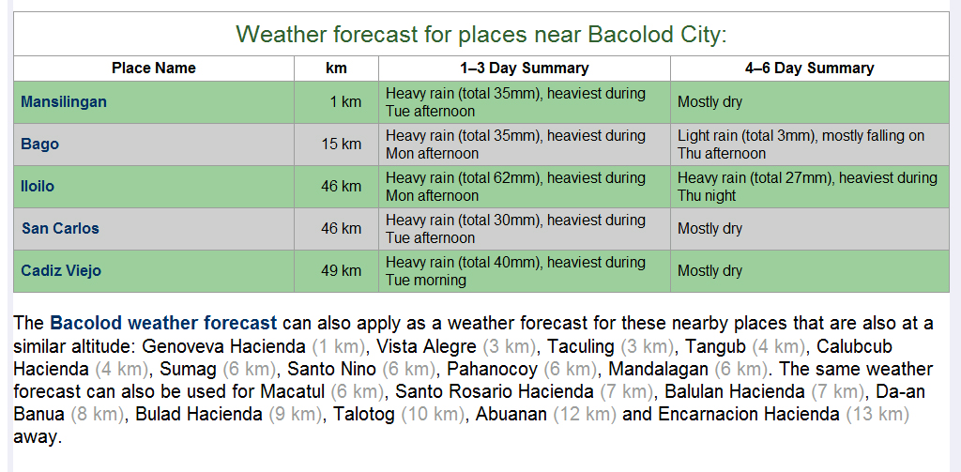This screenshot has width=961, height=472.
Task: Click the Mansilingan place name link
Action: click(64, 102)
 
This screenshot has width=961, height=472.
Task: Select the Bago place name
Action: click(40, 145)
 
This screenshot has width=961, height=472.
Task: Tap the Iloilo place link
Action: click(38, 187)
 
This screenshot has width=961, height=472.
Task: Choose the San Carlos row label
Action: click(60, 229)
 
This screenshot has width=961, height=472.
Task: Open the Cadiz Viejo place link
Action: click(61, 271)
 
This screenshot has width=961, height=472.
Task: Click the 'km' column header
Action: click(336, 69)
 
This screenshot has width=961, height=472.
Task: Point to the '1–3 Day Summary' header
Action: click(524, 69)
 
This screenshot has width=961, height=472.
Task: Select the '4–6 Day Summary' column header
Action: click(809, 69)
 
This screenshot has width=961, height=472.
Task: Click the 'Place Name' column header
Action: click(154, 69)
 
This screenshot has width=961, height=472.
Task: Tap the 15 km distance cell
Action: click(341, 145)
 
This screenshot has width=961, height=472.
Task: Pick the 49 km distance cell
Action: click(341, 271)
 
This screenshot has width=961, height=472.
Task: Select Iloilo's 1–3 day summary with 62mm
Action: click(515, 187)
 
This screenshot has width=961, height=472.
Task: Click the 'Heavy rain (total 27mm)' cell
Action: click(807, 187)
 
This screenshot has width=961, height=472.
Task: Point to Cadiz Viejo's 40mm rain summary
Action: click(515, 271)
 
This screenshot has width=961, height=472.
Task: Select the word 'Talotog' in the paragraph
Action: click(356, 414)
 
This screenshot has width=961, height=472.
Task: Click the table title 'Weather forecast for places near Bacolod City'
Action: click(480, 35)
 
